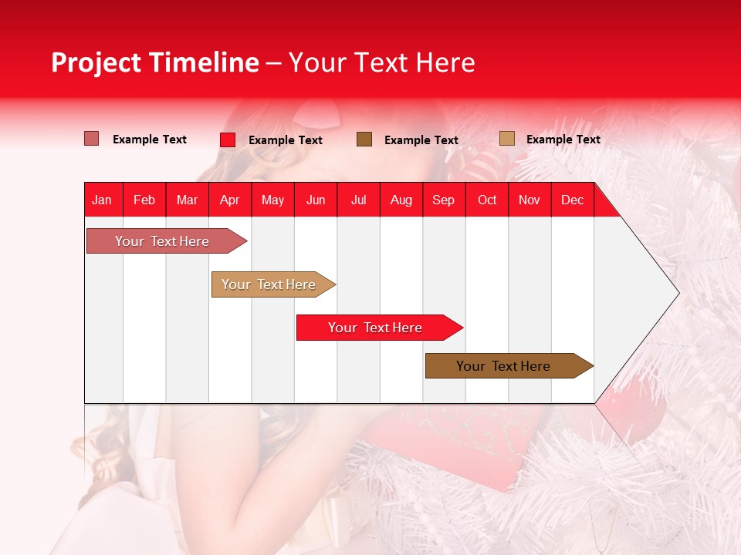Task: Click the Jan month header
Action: click(102, 200)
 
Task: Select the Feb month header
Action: click(144, 200)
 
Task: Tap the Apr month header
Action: click(229, 200)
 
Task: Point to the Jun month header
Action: click(316, 200)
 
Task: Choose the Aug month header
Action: click(401, 200)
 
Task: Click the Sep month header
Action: click(443, 200)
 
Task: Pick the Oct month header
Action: click(487, 200)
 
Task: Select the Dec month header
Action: click(572, 200)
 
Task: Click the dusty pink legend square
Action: click(92, 139)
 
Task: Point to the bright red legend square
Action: click(228, 140)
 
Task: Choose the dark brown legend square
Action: click(364, 139)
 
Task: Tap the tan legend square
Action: click(507, 139)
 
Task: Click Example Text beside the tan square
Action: click(563, 140)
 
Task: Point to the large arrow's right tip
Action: click(678, 293)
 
